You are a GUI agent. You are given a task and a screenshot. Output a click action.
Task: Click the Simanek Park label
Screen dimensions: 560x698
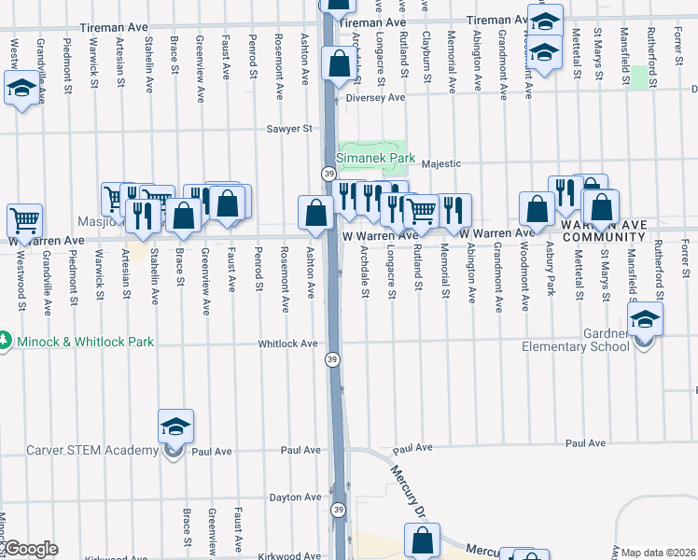tap(376, 159)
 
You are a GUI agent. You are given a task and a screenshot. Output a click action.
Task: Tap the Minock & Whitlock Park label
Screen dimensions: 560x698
tap(83, 342)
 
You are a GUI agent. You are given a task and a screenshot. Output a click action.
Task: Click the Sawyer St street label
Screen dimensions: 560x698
tap(288, 129)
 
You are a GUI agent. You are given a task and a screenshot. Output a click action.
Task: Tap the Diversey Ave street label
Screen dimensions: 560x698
tap(375, 97)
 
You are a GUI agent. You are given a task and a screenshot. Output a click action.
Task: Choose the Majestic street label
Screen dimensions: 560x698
tap(441, 164)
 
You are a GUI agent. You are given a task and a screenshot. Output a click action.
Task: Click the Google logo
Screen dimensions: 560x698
tap(31, 549)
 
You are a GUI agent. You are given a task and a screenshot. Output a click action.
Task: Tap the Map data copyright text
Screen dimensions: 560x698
tap(659, 553)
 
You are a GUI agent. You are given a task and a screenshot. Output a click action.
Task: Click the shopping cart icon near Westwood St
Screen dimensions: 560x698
tap(24, 221)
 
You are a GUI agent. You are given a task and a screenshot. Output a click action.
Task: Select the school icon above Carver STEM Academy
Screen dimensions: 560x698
tap(175, 427)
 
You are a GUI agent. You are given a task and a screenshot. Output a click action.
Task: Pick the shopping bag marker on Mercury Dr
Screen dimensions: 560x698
tap(422, 539)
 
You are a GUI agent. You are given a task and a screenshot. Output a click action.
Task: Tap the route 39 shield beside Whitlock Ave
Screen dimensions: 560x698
tap(332, 358)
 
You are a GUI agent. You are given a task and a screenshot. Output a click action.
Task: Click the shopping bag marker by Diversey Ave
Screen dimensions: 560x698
tap(338, 63)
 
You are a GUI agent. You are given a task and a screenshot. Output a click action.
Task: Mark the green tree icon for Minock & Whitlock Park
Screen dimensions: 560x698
tap(5, 342)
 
